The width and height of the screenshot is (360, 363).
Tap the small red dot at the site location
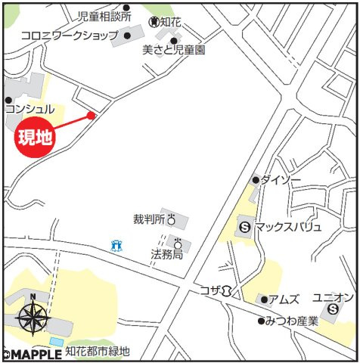(x=91, y=115)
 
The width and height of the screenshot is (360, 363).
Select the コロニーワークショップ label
(x=69, y=35)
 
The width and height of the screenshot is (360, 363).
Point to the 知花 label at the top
(x=171, y=20)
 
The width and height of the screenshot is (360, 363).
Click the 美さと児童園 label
(x=175, y=50)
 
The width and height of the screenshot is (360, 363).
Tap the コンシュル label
(x=29, y=110)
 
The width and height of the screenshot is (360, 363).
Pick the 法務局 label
(x=166, y=255)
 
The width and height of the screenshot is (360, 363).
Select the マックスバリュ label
(x=288, y=226)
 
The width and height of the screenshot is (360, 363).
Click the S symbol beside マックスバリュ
(x=245, y=225)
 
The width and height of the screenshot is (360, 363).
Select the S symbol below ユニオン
(x=333, y=309)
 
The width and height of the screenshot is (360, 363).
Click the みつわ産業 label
(x=292, y=321)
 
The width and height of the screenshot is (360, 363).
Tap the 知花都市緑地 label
(x=98, y=351)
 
